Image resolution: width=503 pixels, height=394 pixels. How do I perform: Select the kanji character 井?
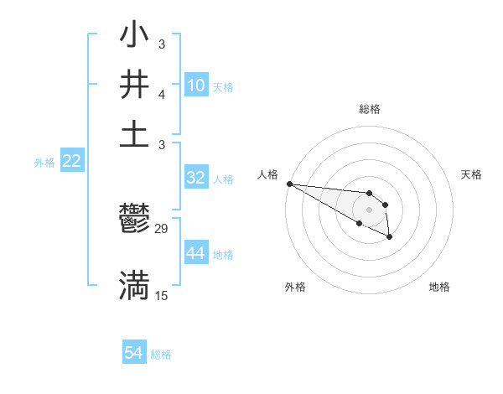coord(134,86)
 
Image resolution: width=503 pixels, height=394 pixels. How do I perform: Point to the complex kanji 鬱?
coord(134,221)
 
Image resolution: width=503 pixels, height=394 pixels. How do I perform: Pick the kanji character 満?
coord(134,286)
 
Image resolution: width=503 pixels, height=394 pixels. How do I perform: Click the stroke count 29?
coord(162,229)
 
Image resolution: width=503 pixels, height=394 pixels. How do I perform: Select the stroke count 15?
coord(162,295)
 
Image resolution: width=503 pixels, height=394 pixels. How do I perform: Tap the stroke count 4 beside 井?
coord(162,96)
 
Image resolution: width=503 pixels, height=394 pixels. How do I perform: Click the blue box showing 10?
coord(196,85)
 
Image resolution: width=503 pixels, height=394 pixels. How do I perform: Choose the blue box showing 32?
coord(196,177)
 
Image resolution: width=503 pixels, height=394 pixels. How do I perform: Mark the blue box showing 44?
coord(196,253)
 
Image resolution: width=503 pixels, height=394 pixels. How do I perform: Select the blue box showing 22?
coord(71,162)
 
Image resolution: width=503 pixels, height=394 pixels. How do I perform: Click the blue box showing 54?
coord(134,353)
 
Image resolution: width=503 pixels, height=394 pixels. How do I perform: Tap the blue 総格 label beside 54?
coord(161,355)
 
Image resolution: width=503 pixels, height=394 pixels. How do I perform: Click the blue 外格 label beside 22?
coord(44,163)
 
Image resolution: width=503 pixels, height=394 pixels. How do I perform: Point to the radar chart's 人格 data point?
coord(289,184)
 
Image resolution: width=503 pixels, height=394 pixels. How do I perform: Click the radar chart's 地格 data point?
coord(390,238)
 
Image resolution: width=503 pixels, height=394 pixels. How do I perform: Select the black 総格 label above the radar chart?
coord(370,109)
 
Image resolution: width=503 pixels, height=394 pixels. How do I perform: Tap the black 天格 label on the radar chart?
coord(471,174)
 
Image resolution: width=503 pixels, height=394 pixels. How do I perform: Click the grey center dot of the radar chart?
coord(370,210)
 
